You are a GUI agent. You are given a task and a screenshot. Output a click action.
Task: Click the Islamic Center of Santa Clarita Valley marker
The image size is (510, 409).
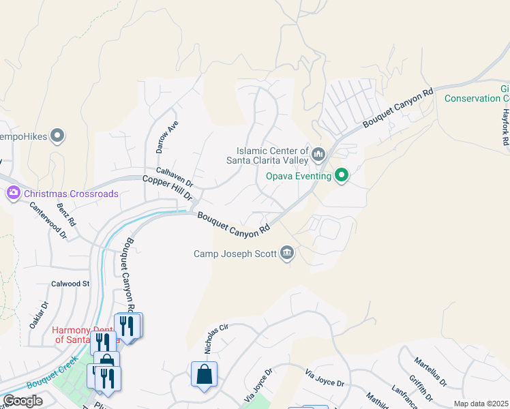click(x=318, y=155)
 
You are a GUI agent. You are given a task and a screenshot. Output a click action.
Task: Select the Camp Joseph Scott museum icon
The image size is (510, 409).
click(x=287, y=254)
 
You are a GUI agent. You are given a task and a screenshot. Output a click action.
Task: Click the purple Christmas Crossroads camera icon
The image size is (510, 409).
click(x=13, y=194)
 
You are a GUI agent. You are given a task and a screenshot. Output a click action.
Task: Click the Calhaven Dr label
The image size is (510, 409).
click(x=175, y=178)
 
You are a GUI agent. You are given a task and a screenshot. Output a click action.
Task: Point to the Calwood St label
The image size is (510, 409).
click(x=70, y=283)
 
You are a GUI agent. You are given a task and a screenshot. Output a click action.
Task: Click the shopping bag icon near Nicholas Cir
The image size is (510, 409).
click(x=204, y=375)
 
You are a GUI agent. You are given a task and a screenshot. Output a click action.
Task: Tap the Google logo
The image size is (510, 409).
click(x=22, y=401)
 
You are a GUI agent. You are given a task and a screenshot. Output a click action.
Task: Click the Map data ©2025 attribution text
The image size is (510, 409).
click(x=481, y=404)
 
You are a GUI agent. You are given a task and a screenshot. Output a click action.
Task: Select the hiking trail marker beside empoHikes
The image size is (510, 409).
click(x=58, y=136)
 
